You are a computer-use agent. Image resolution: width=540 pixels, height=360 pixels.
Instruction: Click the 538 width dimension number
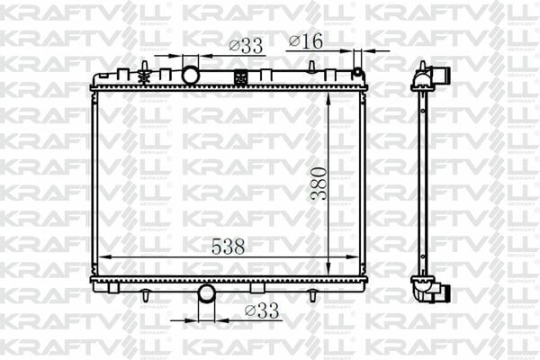pyautogui.click(x=228, y=246)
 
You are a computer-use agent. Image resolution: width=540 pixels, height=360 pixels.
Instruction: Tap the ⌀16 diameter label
pyautogui.click(x=305, y=40)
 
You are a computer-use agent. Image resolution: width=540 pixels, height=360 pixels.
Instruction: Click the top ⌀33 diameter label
pyautogui.click(x=245, y=45)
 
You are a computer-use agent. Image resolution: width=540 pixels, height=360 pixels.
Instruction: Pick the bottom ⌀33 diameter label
pyautogui.click(x=262, y=311)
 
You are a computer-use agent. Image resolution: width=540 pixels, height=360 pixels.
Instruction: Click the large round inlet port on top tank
pyautogui.click(x=190, y=74)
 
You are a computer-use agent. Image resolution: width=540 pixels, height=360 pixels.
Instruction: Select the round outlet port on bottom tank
pyautogui.click(x=206, y=292)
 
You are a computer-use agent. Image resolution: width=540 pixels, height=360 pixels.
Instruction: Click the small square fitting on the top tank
pyautogui.click(x=241, y=77)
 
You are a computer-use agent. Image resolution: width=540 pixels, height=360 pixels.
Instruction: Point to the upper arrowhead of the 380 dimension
pyautogui.click(x=330, y=98)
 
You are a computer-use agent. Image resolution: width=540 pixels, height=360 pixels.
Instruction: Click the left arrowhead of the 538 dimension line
pyautogui.click(x=99, y=257)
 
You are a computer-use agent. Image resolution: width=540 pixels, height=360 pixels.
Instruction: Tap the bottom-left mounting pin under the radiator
pyautogui.click(x=144, y=294)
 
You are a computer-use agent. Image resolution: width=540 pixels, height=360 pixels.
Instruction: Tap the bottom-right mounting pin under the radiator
pyautogui.click(x=312, y=294)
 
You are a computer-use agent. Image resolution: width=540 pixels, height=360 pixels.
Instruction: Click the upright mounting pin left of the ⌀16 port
pyautogui.click(x=311, y=72)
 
